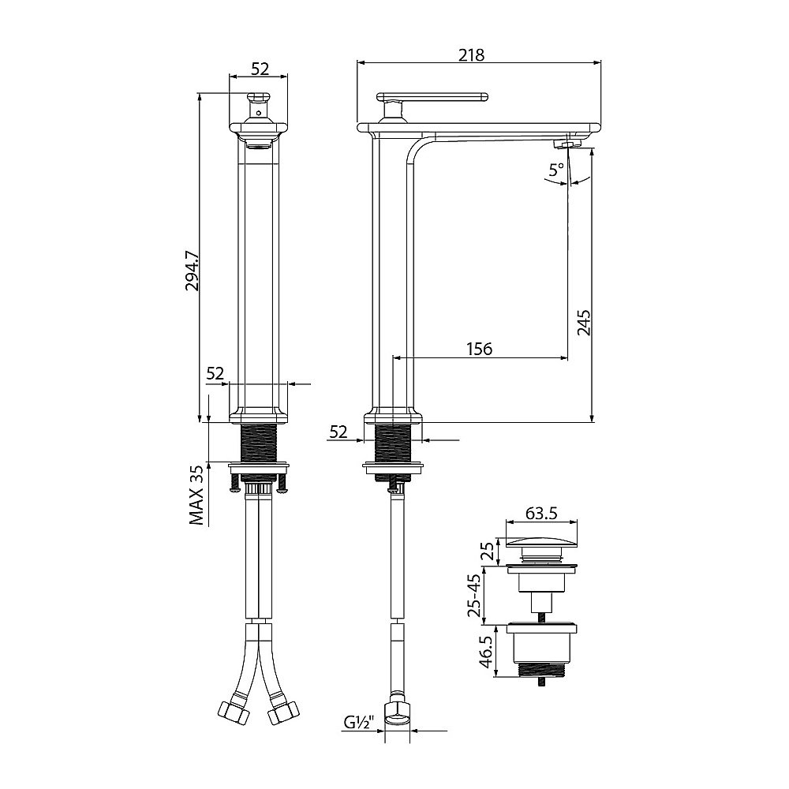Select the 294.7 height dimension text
pyautogui.click(x=190, y=272)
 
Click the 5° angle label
pyautogui.click(x=557, y=170)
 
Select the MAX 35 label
pyautogui.click(x=196, y=495)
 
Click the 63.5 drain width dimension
pyautogui.click(x=541, y=513)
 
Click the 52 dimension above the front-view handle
pyautogui.click(x=259, y=69)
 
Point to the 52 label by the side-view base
pyautogui.click(x=338, y=431)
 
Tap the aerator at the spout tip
pyautogui.click(x=567, y=143)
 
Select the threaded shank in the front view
pyautogui.click(x=259, y=444)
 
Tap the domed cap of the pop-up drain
pyautogui.click(x=541, y=543)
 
